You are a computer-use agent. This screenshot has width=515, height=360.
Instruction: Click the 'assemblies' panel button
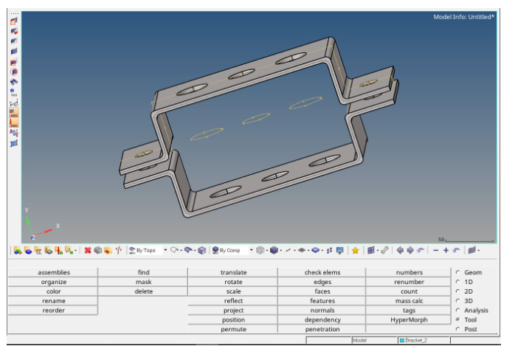point(53,272)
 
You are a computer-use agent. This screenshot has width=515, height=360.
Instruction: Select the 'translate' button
point(233,272)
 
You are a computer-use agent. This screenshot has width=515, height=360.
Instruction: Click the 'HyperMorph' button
point(409,319)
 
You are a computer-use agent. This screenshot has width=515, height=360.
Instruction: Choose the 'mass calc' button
point(409,301)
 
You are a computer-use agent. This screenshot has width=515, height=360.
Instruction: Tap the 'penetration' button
point(322,329)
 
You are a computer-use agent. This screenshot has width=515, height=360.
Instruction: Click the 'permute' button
point(233,329)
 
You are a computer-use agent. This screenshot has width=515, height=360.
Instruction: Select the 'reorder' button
point(53,311)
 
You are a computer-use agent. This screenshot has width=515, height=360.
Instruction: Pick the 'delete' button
point(143,291)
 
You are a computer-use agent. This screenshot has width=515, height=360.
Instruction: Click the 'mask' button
point(143,282)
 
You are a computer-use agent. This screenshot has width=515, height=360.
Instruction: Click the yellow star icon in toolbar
point(355,251)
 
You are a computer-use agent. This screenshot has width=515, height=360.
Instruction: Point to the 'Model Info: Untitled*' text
point(463,16)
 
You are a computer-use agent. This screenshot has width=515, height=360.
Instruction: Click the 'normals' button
point(322,311)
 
